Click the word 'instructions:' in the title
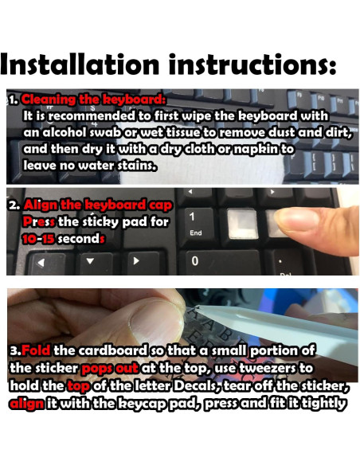tap(260, 62)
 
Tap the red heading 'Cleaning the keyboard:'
tap(94, 100)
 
